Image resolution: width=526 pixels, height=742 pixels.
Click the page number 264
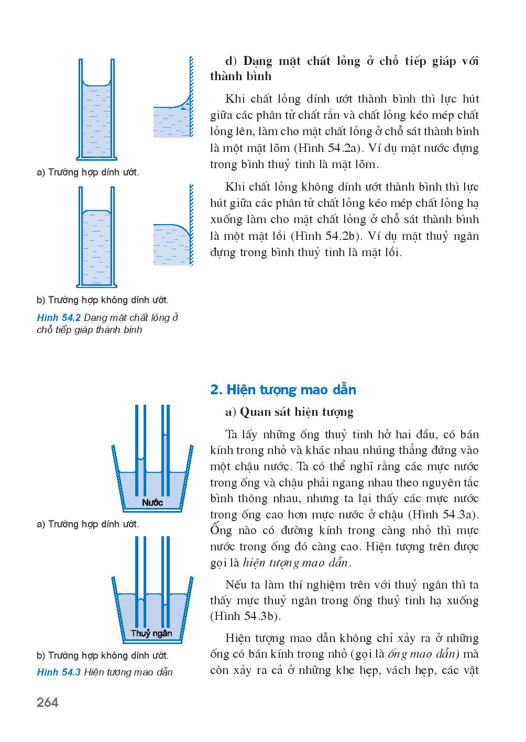tap(48, 703)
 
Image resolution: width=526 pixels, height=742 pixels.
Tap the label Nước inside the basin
tap(152, 503)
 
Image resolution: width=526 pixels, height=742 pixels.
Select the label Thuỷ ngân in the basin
tap(151, 633)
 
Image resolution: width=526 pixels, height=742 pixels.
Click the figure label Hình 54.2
tap(58, 318)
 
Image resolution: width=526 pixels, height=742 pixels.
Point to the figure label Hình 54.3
tap(58, 672)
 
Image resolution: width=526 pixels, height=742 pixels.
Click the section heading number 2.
tap(214, 390)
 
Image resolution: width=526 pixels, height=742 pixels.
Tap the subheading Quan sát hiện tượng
tap(297, 412)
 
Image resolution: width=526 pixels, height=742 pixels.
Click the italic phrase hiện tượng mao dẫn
tap(296, 563)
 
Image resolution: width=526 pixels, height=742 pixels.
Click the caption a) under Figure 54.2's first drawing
tap(89, 172)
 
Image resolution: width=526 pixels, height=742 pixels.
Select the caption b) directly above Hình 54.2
tap(103, 300)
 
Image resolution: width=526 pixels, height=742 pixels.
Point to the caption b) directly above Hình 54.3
tap(103, 655)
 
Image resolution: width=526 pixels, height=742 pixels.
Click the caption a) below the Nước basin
tap(89, 524)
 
